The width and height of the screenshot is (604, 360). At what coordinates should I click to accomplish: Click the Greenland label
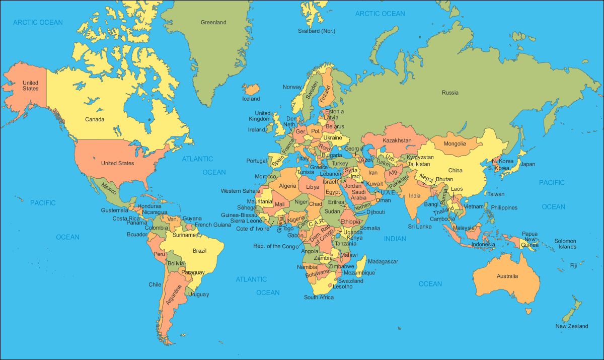(213, 22)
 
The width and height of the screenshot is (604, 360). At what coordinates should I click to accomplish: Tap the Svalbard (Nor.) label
(316, 31)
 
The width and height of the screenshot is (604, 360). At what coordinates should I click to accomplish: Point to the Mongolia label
(455, 143)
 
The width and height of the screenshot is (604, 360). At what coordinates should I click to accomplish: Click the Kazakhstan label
(397, 140)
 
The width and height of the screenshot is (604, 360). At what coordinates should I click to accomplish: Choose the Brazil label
(199, 250)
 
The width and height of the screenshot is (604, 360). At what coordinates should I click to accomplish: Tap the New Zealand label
(571, 326)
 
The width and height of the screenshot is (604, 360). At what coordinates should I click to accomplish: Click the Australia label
(507, 276)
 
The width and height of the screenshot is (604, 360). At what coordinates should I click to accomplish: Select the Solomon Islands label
(565, 244)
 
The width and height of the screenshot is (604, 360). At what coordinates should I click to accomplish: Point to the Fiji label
(573, 265)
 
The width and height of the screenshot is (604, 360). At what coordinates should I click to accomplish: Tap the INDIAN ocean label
(395, 239)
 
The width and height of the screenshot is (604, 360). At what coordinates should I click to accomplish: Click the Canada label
(95, 119)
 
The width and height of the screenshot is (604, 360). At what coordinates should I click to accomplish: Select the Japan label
(528, 164)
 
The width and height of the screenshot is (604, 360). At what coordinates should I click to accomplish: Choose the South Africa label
(319, 297)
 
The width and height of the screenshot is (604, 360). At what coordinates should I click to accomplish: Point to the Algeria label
(287, 186)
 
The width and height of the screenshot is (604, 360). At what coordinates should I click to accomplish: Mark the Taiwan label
(495, 194)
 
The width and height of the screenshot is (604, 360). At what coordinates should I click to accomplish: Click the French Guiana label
(213, 225)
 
